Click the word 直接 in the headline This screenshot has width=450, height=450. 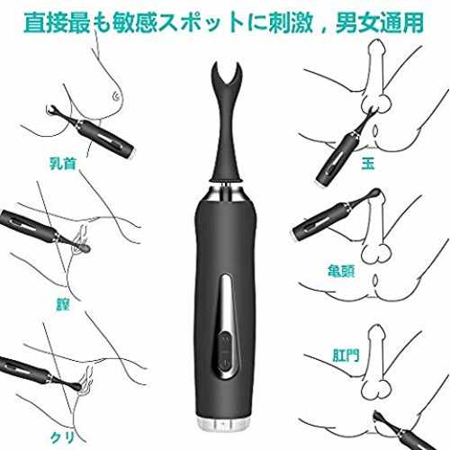(46, 22)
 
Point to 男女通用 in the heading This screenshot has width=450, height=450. (379, 22)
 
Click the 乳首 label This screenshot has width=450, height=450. (63, 164)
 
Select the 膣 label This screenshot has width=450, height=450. (63, 304)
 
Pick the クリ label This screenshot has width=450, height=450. (62, 438)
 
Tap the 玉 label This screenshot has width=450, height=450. (368, 164)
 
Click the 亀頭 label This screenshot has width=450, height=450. (341, 270)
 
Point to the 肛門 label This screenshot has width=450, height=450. (346, 355)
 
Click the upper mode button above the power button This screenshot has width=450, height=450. (225, 341)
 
